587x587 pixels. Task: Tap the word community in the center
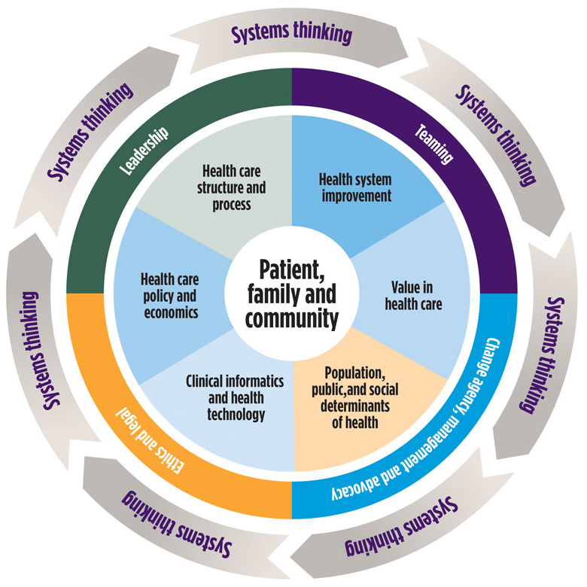coord(292,319)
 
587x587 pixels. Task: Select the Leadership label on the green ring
coord(144,151)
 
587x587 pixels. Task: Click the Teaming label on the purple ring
coord(434,144)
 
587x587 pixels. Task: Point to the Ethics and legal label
coord(150,440)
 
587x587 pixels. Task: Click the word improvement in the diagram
coord(357,196)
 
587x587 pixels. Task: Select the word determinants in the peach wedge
coord(355,406)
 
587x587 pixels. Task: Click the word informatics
coord(256,381)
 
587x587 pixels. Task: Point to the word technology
coord(236,415)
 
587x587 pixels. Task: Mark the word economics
coord(171,312)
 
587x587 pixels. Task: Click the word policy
coord(157,297)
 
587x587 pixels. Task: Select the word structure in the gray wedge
coord(215,188)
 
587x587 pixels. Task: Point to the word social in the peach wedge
coord(384,389)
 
